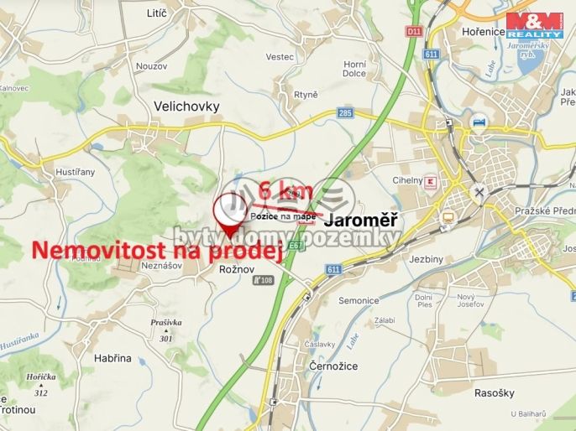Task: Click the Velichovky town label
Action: (186, 106)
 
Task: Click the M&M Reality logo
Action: (533, 24)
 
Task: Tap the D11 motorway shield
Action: (412, 31)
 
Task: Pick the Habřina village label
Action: (113, 357)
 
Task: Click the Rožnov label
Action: (235, 268)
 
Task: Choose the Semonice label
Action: (359, 300)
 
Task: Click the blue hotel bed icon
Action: (479, 120)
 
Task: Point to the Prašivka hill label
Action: (165, 323)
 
